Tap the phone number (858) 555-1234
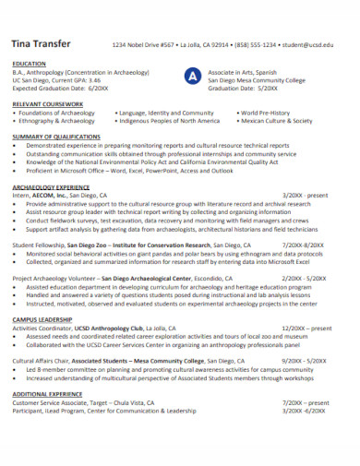(256, 44)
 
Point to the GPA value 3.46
(93, 79)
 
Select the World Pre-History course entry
(267, 113)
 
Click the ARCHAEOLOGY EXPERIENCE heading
(57, 186)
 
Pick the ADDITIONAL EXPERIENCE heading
(54, 393)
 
